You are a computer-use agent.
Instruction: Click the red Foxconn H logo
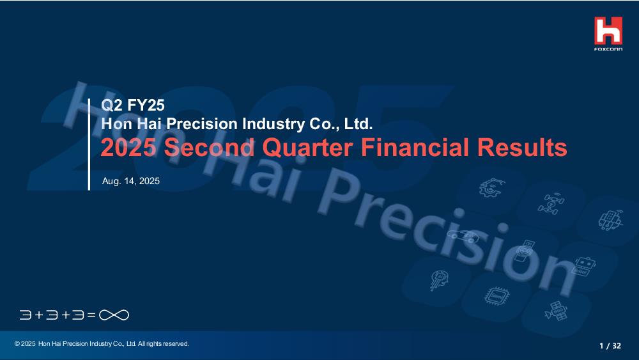coord(608,31)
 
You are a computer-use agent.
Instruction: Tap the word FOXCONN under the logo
coord(608,49)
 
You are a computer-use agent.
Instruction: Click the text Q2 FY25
coord(133,106)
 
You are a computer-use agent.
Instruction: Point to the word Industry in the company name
coord(273,124)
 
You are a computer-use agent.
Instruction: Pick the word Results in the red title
coord(522,147)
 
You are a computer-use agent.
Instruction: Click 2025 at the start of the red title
coord(128,147)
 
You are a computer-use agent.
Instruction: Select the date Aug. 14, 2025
coord(131,181)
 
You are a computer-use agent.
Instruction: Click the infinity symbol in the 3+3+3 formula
coord(114,315)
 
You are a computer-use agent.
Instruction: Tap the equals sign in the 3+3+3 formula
coord(91,315)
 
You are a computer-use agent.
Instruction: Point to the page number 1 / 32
coord(610,346)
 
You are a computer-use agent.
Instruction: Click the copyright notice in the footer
coord(102,343)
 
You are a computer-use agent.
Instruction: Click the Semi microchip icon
coord(497,295)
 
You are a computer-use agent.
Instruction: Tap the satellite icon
coord(556,311)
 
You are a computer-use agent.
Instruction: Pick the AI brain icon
coord(440,280)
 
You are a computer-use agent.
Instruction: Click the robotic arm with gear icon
coord(491,187)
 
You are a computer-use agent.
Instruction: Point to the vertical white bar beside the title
coord(89,145)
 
